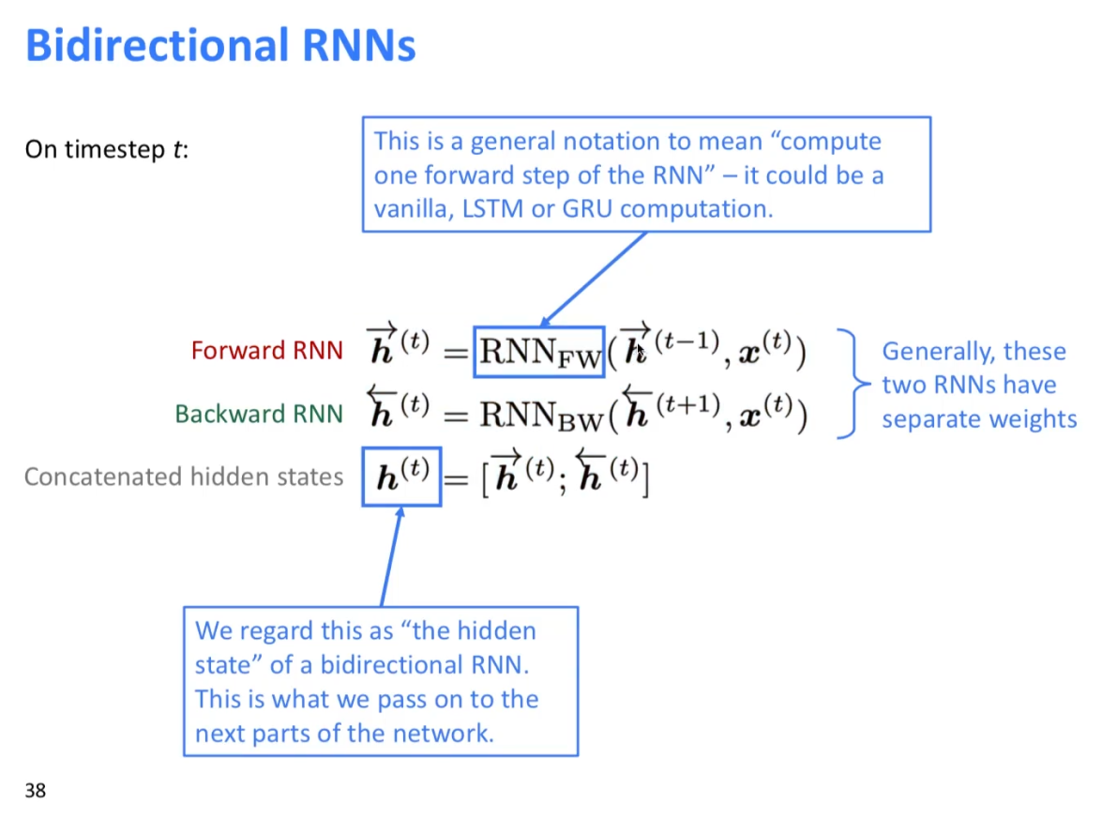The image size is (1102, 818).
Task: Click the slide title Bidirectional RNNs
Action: point(219,45)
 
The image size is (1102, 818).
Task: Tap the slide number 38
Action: point(35,791)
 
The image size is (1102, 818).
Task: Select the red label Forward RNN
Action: point(266,351)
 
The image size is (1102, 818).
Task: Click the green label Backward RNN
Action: point(259,414)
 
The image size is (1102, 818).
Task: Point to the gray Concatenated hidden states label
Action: point(184,477)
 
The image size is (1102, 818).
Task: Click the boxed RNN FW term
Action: point(539,352)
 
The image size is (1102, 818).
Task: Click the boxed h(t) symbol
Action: point(401,477)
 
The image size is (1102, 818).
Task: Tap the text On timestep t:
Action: point(106,149)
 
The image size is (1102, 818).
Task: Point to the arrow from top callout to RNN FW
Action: point(594,279)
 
